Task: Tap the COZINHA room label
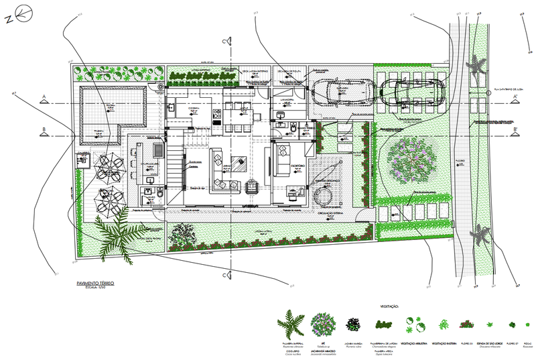coord(194,107)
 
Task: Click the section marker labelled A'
coord(515,99)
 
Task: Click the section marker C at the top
coord(230,41)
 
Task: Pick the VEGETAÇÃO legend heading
coord(388,306)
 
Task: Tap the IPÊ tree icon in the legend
coord(323,324)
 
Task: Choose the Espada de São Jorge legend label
coord(487,343)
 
